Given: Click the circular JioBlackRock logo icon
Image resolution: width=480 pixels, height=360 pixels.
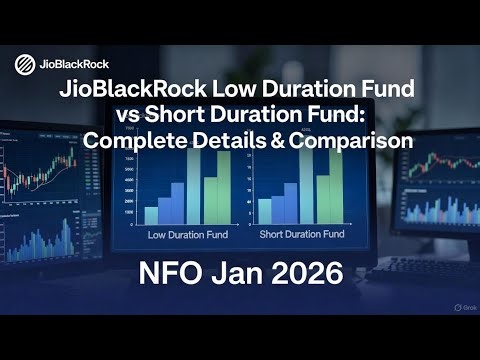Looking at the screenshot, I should point(24,65).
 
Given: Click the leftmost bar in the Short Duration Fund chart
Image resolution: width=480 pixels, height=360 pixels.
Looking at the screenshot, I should point(265,211).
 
